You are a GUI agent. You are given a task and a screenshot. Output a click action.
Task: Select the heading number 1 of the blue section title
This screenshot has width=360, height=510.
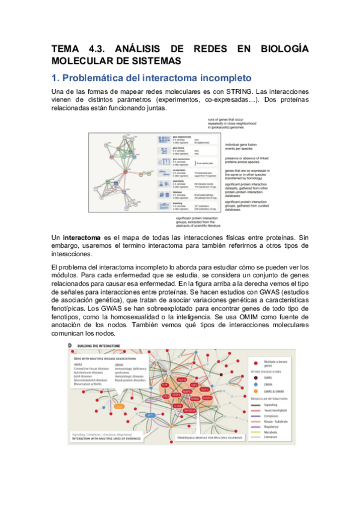[55, 78]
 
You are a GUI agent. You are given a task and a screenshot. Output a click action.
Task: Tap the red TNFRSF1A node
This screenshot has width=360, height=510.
[188, 411]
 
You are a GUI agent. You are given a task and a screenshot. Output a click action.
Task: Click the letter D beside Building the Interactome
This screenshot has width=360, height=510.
[70, 345]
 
